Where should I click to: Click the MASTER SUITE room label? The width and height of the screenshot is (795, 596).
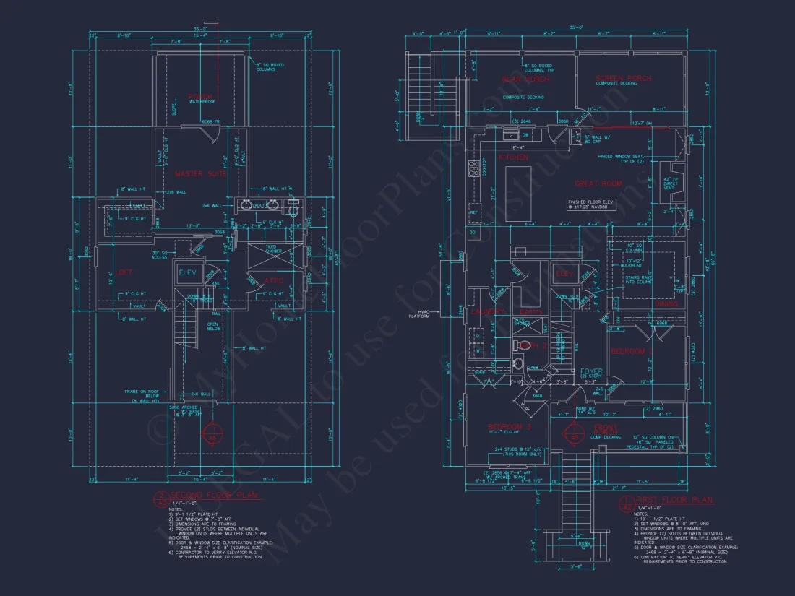(x=200, y=173)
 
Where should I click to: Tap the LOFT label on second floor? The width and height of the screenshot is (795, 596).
(x=124, y=272)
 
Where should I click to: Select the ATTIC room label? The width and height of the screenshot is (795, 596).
(x=273, y=280)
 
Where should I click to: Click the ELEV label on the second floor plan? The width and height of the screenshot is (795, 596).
(x=188, y=272)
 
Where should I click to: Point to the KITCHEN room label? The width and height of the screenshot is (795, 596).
(x=513, y=157)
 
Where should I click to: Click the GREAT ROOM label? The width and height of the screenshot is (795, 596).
(x=598, y=183)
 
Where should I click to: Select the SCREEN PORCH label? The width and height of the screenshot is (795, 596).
(x=623, y=78)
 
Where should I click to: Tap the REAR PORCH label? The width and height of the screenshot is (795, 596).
(x=525, y=79)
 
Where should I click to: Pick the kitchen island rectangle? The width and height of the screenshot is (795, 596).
(x=518, y=194)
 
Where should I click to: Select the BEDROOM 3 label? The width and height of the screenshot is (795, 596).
(x=510, y=427)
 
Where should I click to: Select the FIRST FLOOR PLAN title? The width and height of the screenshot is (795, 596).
(x=673, y=499)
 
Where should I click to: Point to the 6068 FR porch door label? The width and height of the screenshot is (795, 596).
(x=210, y=121)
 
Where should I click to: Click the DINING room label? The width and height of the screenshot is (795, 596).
(x=666, y=304)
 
